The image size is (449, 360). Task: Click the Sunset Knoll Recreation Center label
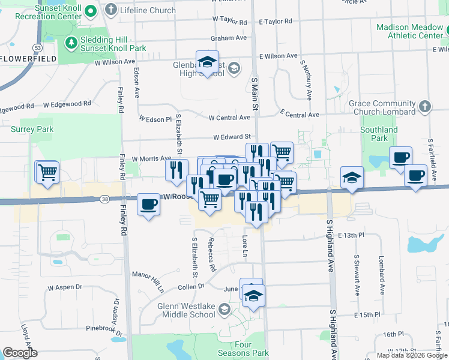41,11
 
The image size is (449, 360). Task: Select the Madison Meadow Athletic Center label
409,31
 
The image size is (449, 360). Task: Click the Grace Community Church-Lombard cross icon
424,106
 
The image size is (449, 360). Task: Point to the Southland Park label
379,133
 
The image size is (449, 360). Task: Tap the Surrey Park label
32,129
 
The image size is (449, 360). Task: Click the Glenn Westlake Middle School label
186,310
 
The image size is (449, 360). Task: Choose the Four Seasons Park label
252,349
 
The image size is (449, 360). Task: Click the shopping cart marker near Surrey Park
47,172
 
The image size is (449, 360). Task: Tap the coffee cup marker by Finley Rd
149,205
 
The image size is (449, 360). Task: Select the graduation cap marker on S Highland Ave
352,178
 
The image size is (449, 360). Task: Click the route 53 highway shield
37,46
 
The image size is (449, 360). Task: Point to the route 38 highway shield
105,199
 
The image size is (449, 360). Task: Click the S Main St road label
255,93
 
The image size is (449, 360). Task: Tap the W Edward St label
231,137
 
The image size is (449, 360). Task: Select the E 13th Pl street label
351,235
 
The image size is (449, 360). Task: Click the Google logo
20,353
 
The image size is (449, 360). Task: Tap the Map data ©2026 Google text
412,355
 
